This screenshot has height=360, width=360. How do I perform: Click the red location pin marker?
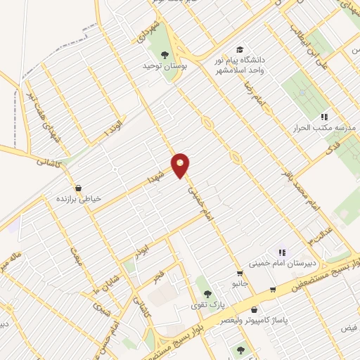tap(181, 165)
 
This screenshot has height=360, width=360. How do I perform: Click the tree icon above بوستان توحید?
tap(165, 54)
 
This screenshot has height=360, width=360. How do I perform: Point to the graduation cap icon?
tap(240, 50)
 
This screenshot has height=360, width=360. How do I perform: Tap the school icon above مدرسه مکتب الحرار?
tap(324, 116)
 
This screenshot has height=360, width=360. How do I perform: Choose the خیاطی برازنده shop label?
tap(79, 199)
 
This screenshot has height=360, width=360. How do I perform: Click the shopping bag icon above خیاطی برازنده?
tap(78, 188)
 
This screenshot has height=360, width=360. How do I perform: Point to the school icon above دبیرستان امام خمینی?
tap(282, 252)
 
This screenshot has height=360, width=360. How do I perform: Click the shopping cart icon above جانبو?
tap(240, 274)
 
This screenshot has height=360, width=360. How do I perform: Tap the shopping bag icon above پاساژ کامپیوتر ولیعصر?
tap(253, 309)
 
